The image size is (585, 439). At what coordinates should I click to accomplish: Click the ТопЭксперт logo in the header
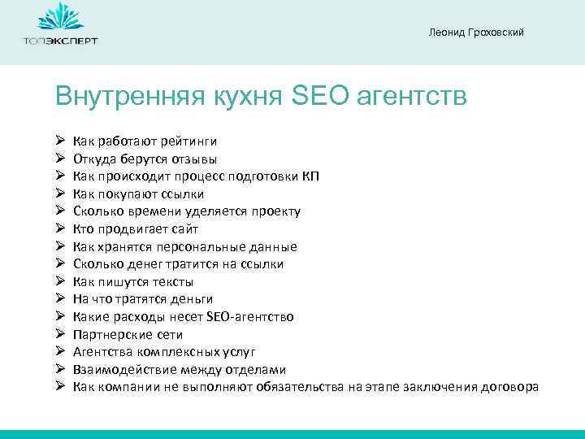pos(60,26)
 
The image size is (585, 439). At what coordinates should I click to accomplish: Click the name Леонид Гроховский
pos(475,32)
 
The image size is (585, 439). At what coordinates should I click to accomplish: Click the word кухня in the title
pos(234,97)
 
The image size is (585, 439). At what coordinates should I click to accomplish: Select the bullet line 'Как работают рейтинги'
pos(145,141)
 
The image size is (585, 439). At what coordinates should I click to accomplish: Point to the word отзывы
pos(194,159)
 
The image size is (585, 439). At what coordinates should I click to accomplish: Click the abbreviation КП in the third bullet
pos(311,176)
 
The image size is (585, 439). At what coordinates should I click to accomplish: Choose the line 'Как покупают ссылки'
pos(138,193)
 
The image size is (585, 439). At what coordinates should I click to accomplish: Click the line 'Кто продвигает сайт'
pos(135,229)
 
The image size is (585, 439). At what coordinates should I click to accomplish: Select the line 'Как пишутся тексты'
pos(133,282)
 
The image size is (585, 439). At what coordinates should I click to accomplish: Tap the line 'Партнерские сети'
pos(128,335)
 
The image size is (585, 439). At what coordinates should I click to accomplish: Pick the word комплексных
pos(180,352)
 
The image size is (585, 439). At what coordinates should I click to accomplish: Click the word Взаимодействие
pos(119,370)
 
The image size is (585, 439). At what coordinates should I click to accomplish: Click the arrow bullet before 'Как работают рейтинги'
pos(60,141)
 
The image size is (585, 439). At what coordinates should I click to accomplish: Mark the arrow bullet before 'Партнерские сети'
pos(60,335)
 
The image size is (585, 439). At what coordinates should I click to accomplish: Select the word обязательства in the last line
pos(301,387)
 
